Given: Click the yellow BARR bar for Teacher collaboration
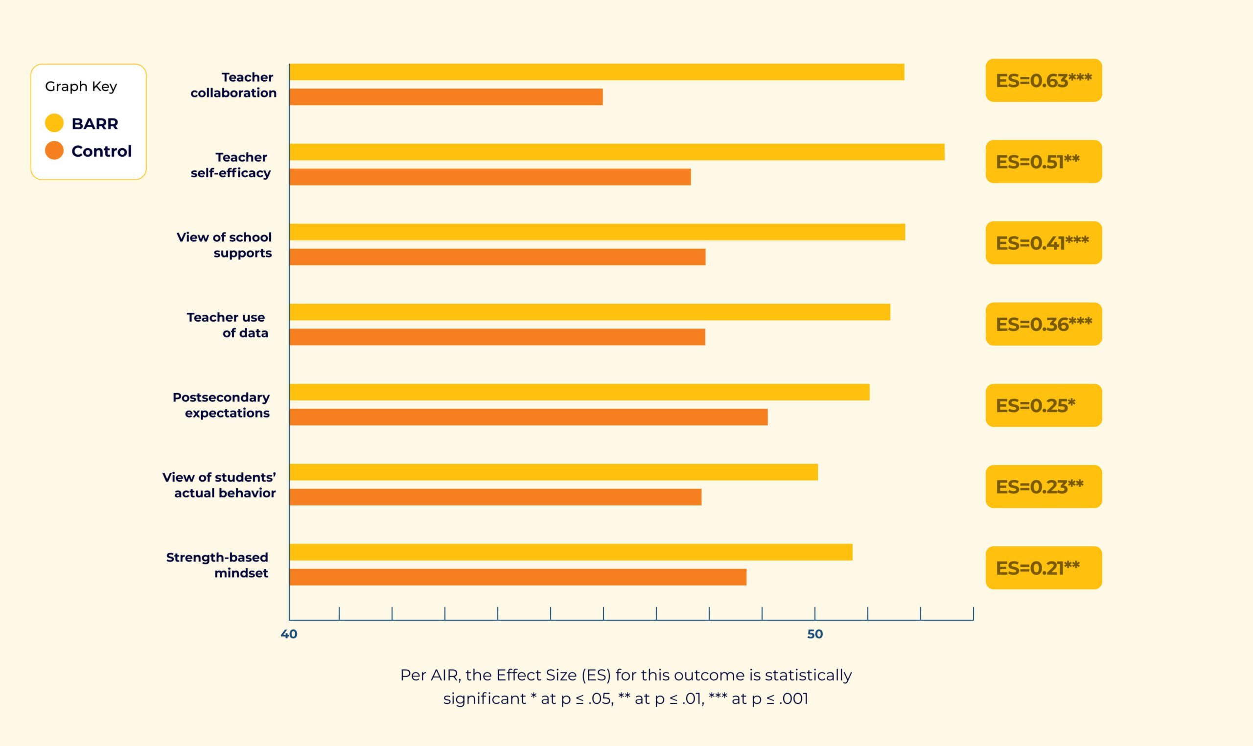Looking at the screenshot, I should pos(597,72).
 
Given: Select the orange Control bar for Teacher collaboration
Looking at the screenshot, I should pos(446,97).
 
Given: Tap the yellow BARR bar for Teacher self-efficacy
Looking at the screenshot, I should pos(617,152).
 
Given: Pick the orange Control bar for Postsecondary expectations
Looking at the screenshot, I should pos(528,417).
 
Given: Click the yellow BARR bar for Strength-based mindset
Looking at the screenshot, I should pos(571,552).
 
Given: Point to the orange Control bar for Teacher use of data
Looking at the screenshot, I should pos(497,337).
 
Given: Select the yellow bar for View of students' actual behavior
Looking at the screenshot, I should pos(554,472).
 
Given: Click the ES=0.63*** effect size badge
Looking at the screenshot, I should pos(1044,80).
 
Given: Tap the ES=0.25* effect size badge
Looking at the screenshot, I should pos(1044,405).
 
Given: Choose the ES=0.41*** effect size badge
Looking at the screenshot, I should pos(1044,243).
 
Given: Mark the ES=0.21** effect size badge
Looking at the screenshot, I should pos(1044,567).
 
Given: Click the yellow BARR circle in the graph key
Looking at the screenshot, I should pos(54,123).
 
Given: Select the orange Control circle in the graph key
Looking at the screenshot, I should pos(54,150).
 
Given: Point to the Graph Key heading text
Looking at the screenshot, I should pos(81,87).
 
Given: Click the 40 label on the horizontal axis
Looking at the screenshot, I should pos(289,634).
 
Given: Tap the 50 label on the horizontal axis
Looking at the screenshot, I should pos(815,634).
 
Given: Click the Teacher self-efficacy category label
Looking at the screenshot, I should pos(231,165).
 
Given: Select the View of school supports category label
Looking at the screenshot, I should pos(224,245).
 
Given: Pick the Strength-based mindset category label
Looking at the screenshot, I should pos(217,565).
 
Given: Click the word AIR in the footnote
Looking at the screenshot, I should pos(445,675).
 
